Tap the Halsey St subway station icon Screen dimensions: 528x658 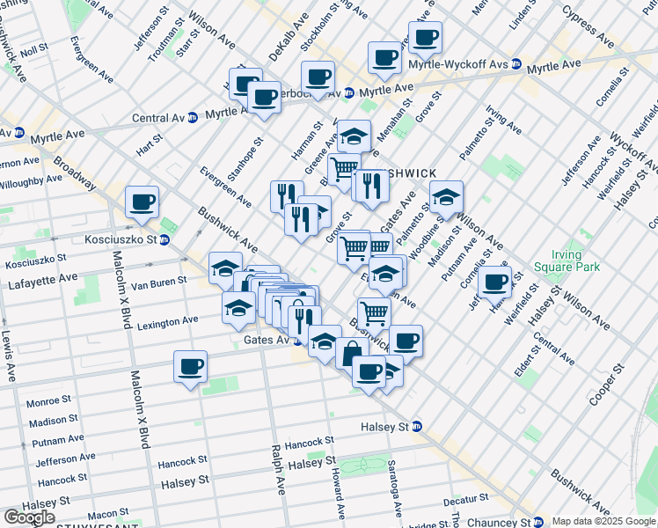[418, 427]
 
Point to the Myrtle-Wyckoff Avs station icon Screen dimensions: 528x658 [516, 64]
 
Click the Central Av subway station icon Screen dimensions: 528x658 [192, 118]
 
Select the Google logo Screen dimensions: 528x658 [29, 517]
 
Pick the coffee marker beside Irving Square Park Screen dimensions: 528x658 [496, 282]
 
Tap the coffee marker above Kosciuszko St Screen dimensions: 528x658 [142, 202]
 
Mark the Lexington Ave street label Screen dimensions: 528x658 [166, 322]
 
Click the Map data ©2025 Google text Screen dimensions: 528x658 [604, 521]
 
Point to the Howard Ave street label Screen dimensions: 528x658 [338, 493]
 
